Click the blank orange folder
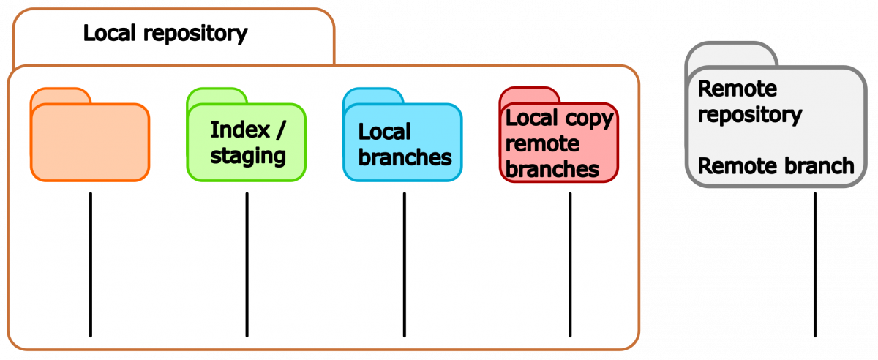(90, 143)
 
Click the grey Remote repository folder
(776, 139)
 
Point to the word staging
(248, 156)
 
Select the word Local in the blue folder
(384, 132)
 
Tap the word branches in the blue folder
(405, 157)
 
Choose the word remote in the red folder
(542, 143)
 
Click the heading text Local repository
(165, 34)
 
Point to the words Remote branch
(776, 166)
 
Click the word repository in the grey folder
(749, 115)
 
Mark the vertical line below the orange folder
(90, 263)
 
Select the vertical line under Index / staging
(247, 263)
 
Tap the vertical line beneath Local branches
(404, 263)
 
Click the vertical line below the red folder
(570, 263)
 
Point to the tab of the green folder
(215, 97)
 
